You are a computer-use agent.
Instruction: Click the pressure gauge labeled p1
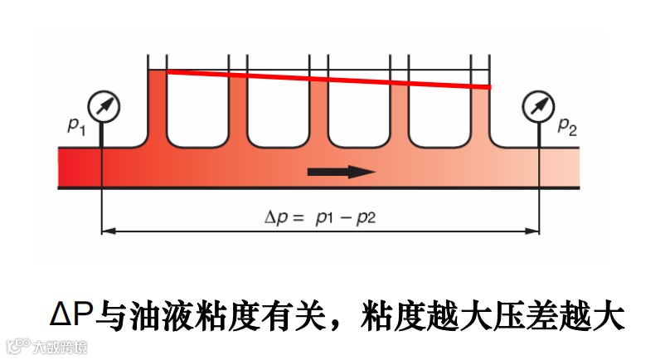(103, 105)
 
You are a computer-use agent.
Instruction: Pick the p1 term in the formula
(326, 220)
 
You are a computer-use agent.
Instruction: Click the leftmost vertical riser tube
(157, 100)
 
